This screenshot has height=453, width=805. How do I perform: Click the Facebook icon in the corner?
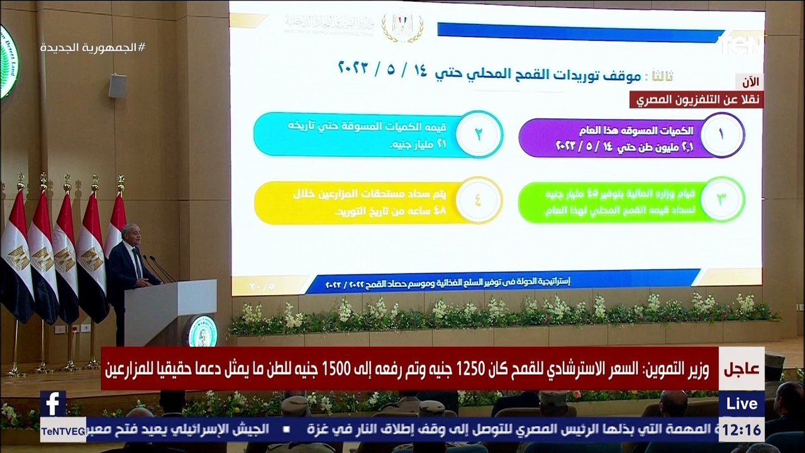coord(53,403)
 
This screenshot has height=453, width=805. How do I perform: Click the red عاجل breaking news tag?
coord(741,369)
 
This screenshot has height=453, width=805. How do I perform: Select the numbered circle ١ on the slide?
coord(721,134)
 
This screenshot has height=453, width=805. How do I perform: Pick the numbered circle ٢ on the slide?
coord(479,133)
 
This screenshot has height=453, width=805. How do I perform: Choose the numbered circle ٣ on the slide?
coord(722,199)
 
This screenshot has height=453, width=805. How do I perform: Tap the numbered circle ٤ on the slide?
coord(479,201)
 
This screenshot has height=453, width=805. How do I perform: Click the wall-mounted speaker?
coord(118,86)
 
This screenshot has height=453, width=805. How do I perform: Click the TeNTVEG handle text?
coord(63,430)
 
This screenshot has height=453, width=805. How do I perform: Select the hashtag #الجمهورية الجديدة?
coord(92,48)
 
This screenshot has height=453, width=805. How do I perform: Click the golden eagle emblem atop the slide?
coord(402,28)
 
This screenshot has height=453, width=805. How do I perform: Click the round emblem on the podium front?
coord(199,330)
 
